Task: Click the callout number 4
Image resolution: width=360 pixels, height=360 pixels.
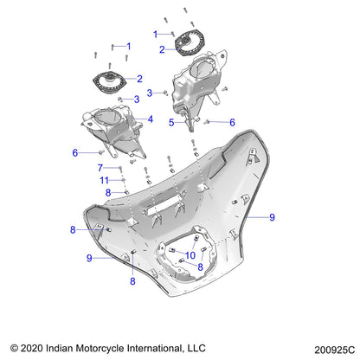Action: tap(151, 119)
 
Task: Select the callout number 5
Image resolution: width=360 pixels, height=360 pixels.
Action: tap(171, 123)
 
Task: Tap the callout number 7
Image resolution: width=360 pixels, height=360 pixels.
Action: tap(100, 167)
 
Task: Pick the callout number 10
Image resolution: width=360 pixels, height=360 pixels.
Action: tap(190, 254)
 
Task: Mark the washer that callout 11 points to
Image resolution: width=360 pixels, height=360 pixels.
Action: tap(123, 181)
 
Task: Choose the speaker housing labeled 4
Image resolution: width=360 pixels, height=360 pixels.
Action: tap(112, 130)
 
